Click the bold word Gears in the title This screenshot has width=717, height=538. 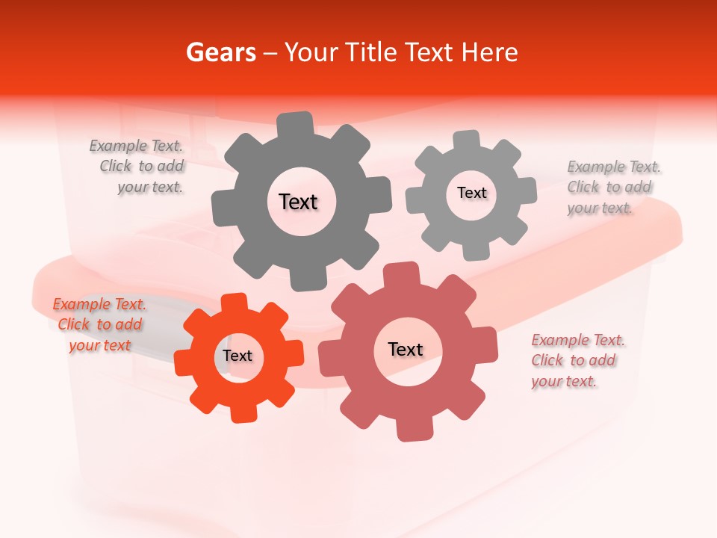(220, 52)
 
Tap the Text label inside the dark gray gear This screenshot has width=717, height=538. (298, 202)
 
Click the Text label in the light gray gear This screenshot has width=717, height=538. (471, 193)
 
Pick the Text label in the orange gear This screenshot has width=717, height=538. (238, 356)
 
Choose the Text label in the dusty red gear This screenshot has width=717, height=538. (406, 349)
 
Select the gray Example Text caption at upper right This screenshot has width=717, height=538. (612, 187)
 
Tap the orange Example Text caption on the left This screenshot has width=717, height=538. (99, 324)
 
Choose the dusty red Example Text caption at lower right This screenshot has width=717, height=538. (577, 360)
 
